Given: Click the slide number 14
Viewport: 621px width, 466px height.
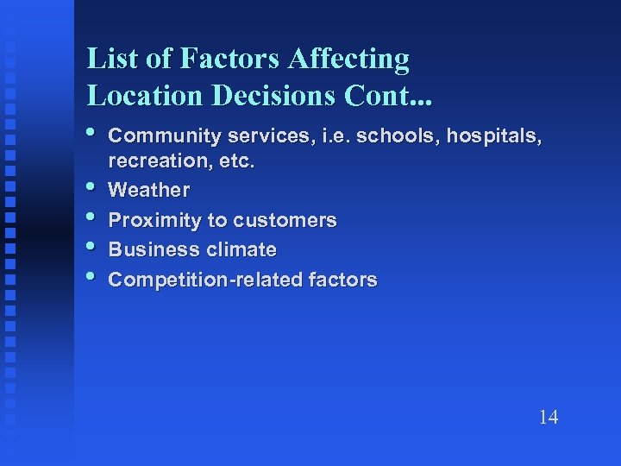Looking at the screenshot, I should (548, 418).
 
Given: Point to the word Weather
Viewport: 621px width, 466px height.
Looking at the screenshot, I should (149, 190).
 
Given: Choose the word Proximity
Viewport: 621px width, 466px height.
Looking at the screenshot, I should (155, 220).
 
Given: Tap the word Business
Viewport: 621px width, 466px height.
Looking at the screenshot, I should (150, 250).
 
